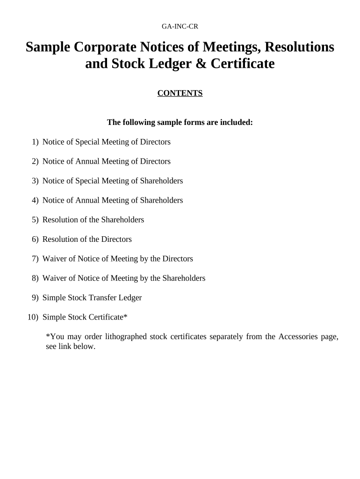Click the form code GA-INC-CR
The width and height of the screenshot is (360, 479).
pos(180,26)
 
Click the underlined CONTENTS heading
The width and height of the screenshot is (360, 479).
pos(180,93)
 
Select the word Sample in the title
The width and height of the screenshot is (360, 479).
pos(47,47)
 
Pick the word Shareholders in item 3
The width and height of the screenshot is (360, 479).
pos(161,181)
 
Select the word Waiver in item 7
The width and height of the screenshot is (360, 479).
pos(54,259)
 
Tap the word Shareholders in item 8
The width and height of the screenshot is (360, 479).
pos(184,278)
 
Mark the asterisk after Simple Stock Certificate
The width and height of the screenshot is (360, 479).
pos(125,316)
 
